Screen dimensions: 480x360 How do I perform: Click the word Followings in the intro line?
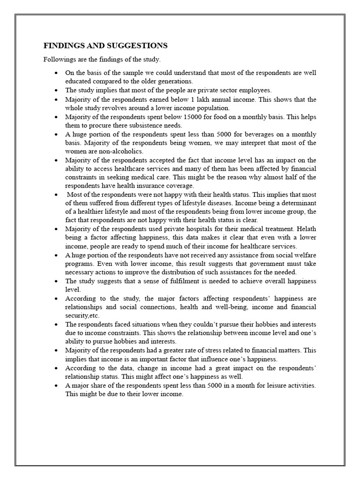[x=59, y=60]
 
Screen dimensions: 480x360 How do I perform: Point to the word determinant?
[x=298, y=203]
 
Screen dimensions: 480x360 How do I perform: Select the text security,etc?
[x=82, y=315]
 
